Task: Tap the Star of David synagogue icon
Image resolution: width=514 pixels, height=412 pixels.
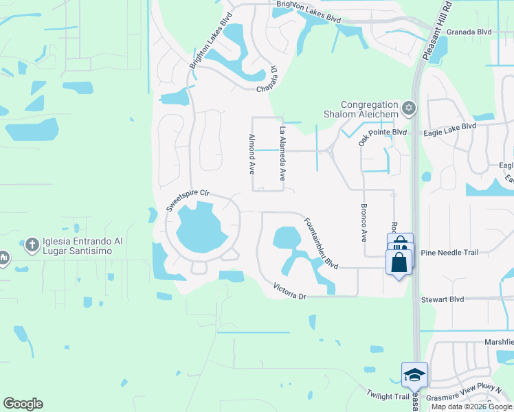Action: pyautogui.click(x=410, y=108)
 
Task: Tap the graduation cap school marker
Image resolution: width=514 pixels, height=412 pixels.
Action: pyautogui.click(x=414, y=375)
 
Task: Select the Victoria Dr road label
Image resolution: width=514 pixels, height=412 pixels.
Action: pyautogui.click(x=289, y=290)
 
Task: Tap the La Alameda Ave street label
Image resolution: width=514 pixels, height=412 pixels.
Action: pyautogui.click(x=281, y=153)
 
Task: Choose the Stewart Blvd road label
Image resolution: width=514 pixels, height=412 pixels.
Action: pyautogui.click(x=443, y=299)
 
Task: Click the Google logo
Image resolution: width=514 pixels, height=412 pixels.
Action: pyautogui.click(x=23, y=404)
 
